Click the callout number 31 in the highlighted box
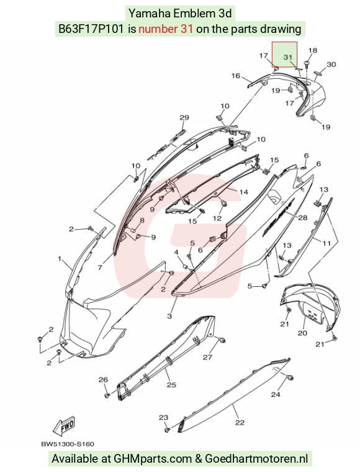coord(288,57)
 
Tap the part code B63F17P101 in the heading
coord(91,29)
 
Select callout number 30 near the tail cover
coord(331,65)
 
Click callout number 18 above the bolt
coord(313,50)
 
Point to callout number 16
coord(236,76)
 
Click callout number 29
coord(184,117)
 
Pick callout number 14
coord(243,192)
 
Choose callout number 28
coord(303,217)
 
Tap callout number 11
coord(326,243)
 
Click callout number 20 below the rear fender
coord(302,333)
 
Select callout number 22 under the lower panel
coord(240,423)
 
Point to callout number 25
coord(171,384)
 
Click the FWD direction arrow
coord(64,426)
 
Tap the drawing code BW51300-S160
coord(68,444)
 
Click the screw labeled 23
coord(167,430)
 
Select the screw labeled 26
coord(107,395)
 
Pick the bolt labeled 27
coord(222,340)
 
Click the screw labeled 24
coord(290,378)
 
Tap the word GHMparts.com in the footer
coord(152,459)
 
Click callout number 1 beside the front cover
coord(60,258)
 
